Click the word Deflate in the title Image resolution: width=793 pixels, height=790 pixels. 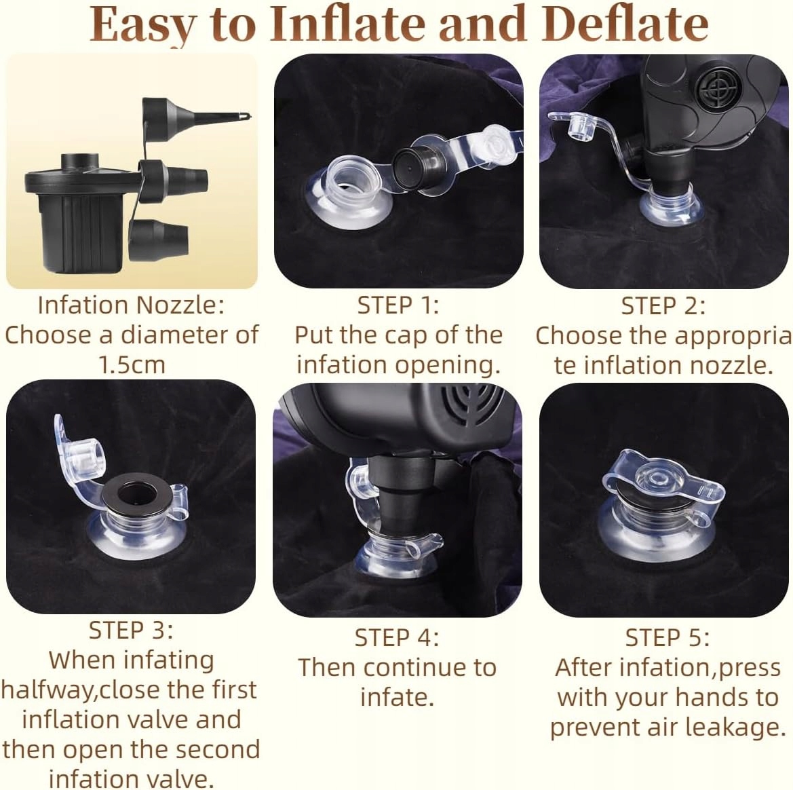(x=627, y=24)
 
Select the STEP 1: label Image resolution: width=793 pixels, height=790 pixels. (x=398, y=305)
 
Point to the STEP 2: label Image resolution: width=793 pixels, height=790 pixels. (x=663, y=306)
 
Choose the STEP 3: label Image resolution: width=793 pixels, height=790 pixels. (x=131, y=630)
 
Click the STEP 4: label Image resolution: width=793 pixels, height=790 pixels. (x=396, y=638)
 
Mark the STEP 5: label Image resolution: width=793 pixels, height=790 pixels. (x=667, y=638)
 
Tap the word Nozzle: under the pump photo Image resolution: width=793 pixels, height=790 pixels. (x=180, y=305)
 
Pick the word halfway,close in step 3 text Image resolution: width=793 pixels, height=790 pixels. (x=130, y=690)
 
